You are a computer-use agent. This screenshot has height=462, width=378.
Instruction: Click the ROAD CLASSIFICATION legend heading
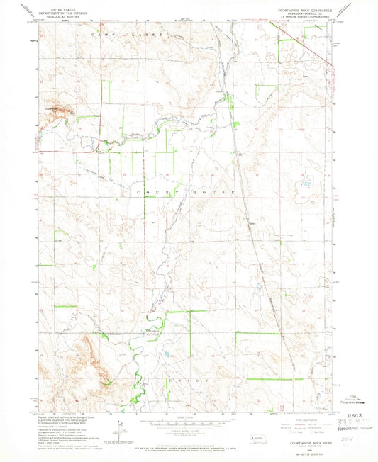[305, 420]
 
